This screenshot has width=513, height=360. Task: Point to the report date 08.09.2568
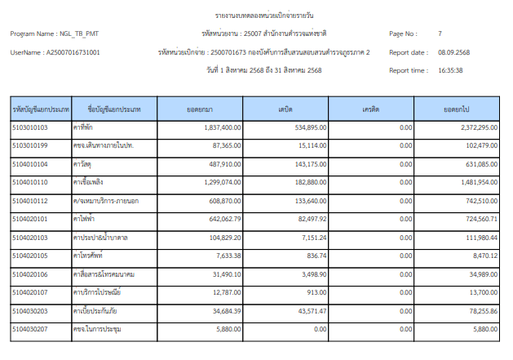453,52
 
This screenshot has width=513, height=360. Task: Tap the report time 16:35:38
450,70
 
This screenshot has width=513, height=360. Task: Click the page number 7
440,34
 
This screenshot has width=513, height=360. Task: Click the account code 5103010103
31,127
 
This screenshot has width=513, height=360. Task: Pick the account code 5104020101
31,219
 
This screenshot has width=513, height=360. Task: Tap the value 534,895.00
311,127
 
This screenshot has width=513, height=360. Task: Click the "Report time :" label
408,70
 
